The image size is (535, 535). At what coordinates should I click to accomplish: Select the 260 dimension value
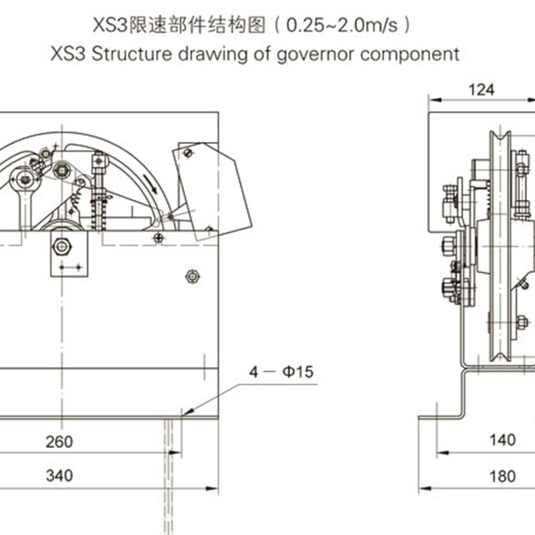tap(60, 441)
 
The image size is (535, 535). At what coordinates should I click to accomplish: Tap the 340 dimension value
tap(60, 475)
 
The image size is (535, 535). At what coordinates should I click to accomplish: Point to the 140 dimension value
tap(502, 439)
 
